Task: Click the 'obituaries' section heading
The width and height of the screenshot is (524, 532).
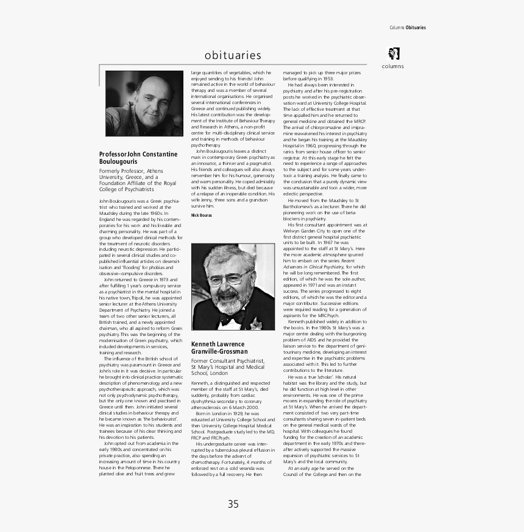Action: coord(233,55)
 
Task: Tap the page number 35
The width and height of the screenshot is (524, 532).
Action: coord(233,503)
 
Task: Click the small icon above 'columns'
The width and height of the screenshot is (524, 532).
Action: coord(393,53)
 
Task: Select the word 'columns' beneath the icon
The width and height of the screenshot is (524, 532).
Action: coord(393,66)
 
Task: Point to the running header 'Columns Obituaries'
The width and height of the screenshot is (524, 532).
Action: coord(408,27)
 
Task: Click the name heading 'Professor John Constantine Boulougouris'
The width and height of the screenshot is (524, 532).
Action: coord(138,158)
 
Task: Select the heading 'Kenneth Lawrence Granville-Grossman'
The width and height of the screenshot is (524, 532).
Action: coord(219,348)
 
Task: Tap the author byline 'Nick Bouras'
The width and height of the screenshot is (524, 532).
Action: coord(201,215)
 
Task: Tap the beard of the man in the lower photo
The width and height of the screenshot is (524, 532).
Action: coord(231,299)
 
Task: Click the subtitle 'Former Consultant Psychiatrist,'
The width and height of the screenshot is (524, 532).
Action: coord(228,361)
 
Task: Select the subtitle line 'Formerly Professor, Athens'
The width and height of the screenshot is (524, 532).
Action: coord(131,171)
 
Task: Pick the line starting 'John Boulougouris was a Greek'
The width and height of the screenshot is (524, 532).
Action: coord(139,200)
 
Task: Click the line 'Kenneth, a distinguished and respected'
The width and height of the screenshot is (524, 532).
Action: coord(229,382)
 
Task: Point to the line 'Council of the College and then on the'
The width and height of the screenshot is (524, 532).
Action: coord(322,474)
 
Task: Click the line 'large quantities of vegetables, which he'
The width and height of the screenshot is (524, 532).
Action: coord(231,72)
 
